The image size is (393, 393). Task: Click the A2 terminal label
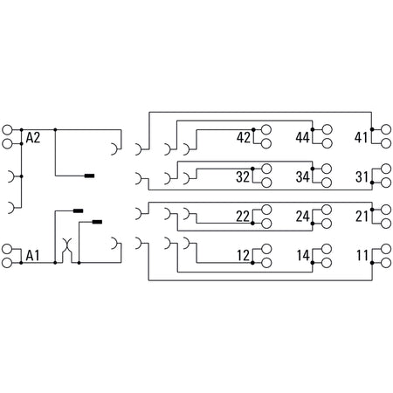coord(33,138)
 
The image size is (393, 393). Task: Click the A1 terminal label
coord(32,256)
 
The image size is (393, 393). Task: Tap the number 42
coord(244,137)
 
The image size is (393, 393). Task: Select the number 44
coord(303,137)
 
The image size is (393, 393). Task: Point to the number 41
coord(361,137)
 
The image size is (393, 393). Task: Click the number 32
coord(243,176)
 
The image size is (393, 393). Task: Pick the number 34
coord(303,176)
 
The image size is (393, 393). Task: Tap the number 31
coord(362,176)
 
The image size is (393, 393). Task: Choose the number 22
coord(243,217)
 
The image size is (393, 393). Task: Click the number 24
coord(303,217)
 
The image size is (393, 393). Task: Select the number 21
coord(362,217)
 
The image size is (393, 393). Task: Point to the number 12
coord(244,256)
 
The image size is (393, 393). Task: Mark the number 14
coord(303,256)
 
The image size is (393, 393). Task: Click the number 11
coord(362,256)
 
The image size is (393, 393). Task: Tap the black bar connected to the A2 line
coord(89,176)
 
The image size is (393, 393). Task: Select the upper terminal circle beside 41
coord(386,129)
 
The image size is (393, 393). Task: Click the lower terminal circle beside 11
coord(386,263)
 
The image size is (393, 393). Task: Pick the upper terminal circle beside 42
coord(266,129)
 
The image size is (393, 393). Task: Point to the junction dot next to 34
coord(313,169)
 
